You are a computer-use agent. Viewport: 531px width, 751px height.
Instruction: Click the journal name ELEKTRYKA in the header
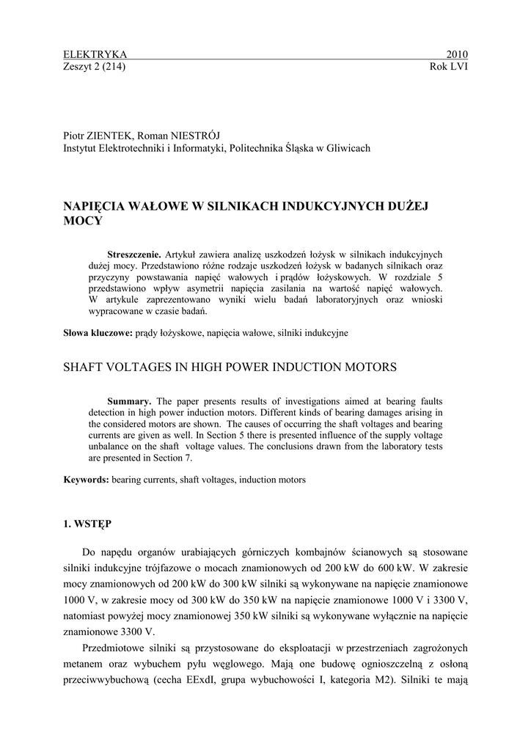coord(95,54)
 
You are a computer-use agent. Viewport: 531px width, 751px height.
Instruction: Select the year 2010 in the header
coord(457,54)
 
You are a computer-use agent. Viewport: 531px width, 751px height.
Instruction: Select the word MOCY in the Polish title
coord(83,219)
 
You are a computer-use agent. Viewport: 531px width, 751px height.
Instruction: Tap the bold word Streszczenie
coord(134,254)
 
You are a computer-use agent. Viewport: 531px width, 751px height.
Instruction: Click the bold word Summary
coord(129,401)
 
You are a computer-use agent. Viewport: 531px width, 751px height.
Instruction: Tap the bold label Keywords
coord(87,480)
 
